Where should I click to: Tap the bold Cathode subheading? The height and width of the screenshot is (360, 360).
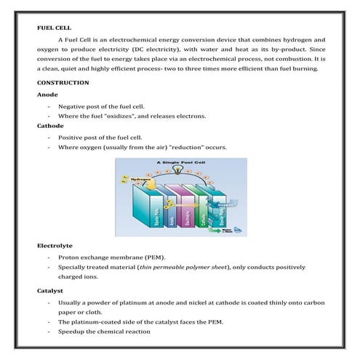click(49, 126)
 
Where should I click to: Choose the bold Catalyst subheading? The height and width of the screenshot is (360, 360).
click(51, 289)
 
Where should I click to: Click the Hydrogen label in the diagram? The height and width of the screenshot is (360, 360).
click(141, 179)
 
